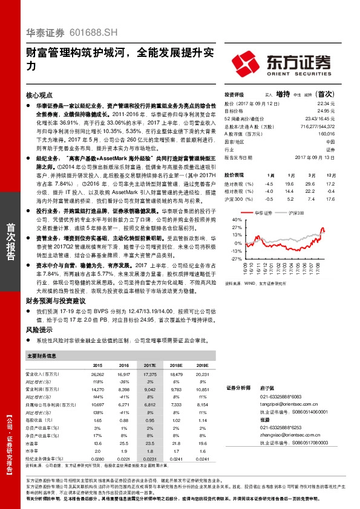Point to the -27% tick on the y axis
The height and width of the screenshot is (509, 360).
coord(236,258)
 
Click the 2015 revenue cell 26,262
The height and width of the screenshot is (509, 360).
coord(96,376)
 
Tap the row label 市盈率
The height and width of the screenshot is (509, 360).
coord(37,443)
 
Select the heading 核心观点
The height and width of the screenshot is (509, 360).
coord(40,96)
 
